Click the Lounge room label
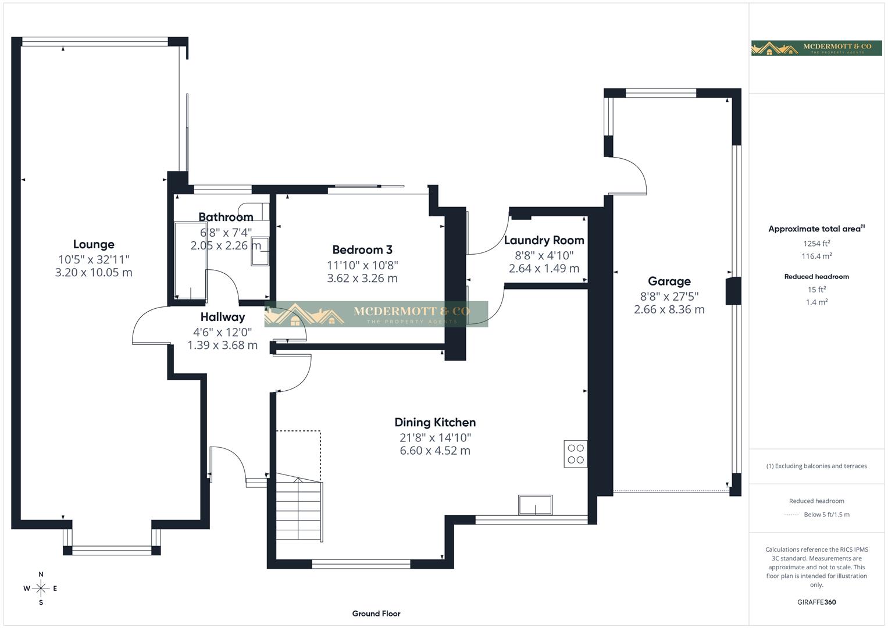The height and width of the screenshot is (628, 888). click(94, 244)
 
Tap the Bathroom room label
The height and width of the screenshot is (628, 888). click(226, 217)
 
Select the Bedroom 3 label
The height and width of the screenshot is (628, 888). click(362, 249)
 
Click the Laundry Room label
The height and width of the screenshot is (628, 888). click(544, 240)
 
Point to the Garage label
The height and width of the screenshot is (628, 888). click(669, 281)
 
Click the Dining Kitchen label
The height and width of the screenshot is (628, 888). click(435, 422)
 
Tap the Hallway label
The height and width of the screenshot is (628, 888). click(222, 317)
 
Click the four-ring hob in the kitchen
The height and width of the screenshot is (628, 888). click(575, 454)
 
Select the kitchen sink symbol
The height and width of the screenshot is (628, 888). click(536, 505)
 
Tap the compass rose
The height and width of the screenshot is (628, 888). click(41, 588)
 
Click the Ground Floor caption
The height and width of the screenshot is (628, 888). click(376, 613)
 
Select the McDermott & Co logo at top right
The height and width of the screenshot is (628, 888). click(816, 48)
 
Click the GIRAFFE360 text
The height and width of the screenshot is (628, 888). click(816, 602)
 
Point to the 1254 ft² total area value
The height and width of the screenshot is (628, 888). click(816, 244)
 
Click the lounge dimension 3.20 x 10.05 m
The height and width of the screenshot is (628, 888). click(94, 273)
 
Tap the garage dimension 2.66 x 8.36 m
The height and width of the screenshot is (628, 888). click(669, 310)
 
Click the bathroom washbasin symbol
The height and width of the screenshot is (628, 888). click(260, 251)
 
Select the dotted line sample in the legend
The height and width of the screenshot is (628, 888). click(791, 515)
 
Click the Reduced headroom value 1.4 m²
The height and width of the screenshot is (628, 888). click(816, 302)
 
